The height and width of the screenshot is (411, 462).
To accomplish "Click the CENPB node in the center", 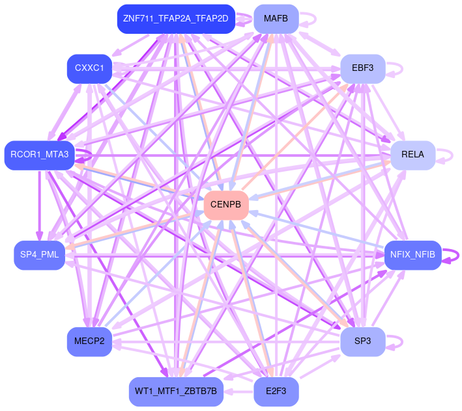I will pyautogui.click(x=226, y=205).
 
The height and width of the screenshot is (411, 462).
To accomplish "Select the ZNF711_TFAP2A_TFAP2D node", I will pyautogui.click(x=175, y=18).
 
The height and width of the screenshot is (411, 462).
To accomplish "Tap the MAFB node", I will pyautogui.click(x=276, y=18).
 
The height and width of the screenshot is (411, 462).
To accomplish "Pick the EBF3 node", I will pyautogui.click(x=362, y=68).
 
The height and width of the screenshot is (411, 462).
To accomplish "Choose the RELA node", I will pyautogui.click(x=412, y=155).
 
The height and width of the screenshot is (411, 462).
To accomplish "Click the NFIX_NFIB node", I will pyautogui.click(x=412, y=255).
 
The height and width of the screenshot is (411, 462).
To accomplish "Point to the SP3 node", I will pyautogui.click(x=362, y=341).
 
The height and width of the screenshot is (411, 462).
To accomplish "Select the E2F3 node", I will pyautogui.click(x=276, y=391).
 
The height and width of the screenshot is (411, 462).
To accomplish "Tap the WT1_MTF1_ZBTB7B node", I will pyautogui.click(x=176, y=391).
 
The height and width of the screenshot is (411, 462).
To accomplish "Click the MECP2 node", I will pyautogui.click(x=89, y=341).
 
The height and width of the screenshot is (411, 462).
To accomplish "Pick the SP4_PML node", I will pyautogui.click(x=39, y=255).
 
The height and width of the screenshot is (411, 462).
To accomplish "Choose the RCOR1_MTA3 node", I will pyautogui.click(x=39, y=155).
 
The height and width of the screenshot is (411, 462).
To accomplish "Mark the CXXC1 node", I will pyautogui.click(x=89, y=68).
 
